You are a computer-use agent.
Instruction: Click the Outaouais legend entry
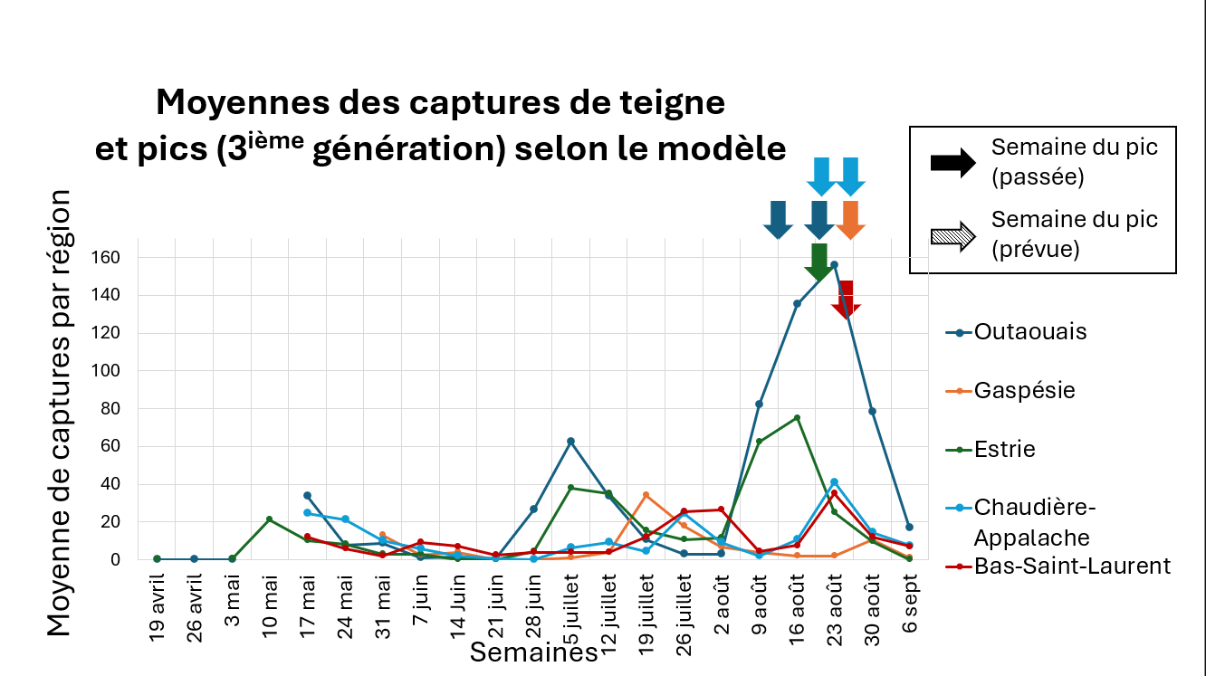[1030, 332]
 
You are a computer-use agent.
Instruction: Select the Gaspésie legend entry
[1024, 391]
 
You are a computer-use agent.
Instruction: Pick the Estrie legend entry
[1005, 450]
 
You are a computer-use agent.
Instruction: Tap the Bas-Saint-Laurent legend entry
[1072, 567]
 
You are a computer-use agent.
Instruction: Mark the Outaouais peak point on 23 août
[834, 265]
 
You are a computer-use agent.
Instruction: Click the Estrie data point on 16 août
[797, 417]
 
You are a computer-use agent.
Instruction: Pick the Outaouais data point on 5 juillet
[570, 441]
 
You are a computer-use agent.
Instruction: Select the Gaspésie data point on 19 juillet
[646, 495]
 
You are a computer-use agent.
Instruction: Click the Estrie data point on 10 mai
[270, 519]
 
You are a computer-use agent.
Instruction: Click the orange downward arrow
[849, 220]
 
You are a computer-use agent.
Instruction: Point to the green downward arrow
[819, 262]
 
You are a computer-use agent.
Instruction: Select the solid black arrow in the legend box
[952, 162]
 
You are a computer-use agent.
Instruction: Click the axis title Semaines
[533, 652]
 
